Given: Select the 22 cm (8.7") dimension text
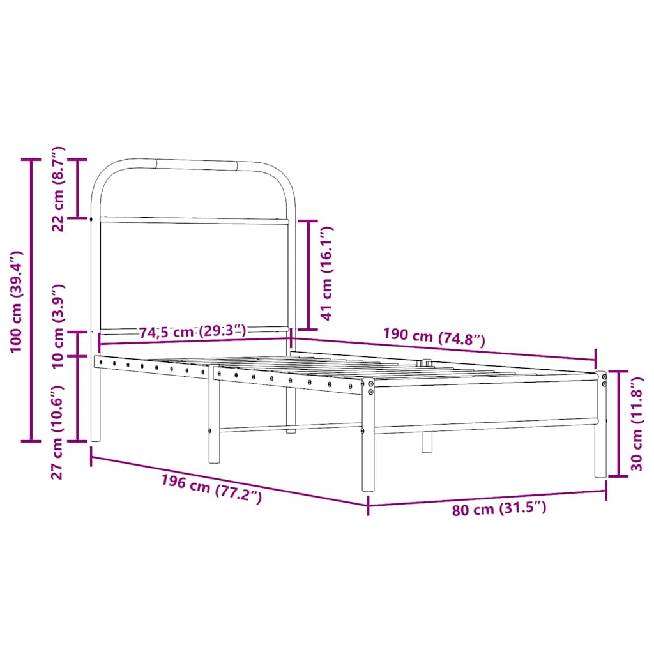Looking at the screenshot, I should (58, 188).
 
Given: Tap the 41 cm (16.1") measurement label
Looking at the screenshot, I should (327, 273).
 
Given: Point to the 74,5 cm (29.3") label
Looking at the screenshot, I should (192, 331).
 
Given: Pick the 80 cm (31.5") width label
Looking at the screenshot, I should (499, 509).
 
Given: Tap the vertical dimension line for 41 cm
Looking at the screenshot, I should (308, 273).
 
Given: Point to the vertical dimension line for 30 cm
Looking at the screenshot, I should (619, 423).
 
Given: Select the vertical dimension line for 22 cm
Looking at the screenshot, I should (78, 188).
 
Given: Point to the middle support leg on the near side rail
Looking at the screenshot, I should (214, 422).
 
